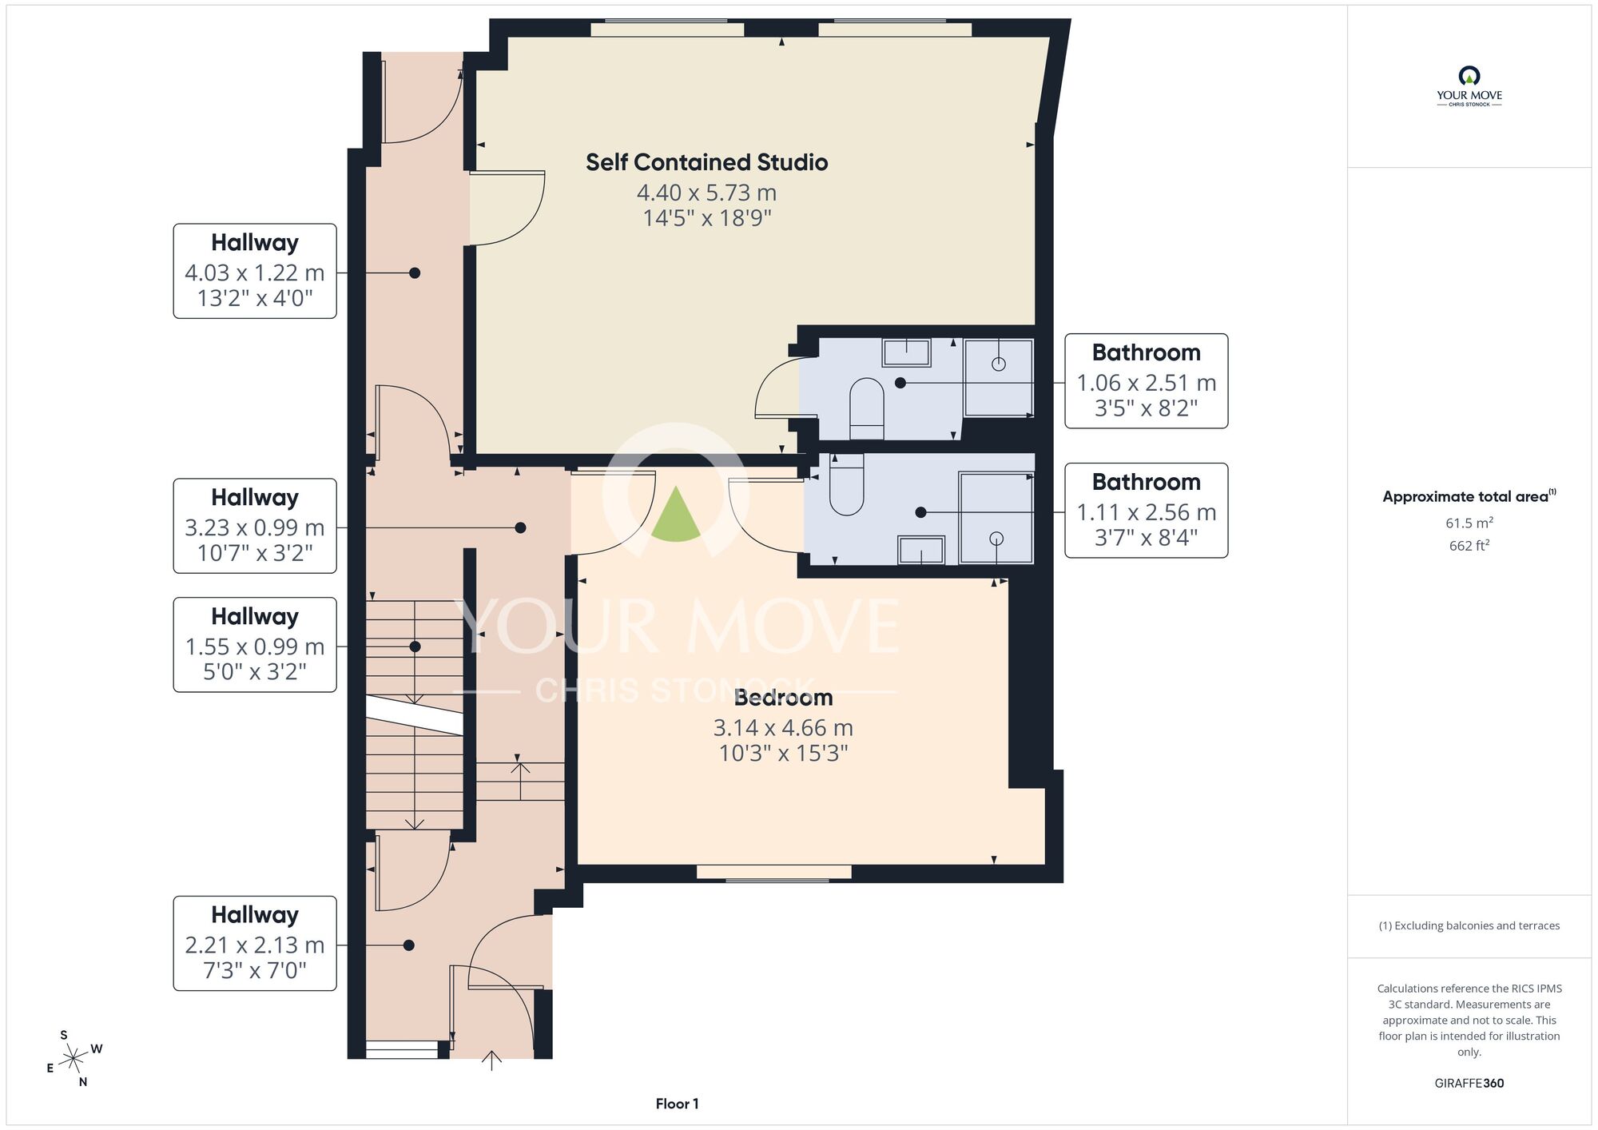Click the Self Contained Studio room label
(706, 162)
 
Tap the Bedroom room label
(783, 698)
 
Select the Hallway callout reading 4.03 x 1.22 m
(255, 271)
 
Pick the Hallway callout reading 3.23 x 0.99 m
(255, 526)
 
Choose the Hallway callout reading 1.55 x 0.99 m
(255, 645)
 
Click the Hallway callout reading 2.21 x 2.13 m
(255, 943)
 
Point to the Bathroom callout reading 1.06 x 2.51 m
(1146, 381)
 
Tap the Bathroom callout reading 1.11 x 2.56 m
(1146, 510)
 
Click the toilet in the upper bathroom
(866, 408)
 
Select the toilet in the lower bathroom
(847, 484)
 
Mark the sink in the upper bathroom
(907, 352)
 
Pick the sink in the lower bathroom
(921, 550)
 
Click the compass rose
(74, 1059)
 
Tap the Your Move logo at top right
(1469, 86)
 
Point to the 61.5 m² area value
(1469, 523)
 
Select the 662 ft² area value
(1469, 545)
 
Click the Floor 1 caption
(677, 1104)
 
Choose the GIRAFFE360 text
(1469, 1084)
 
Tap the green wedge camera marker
(676, 515)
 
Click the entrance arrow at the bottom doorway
(491, 1060)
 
